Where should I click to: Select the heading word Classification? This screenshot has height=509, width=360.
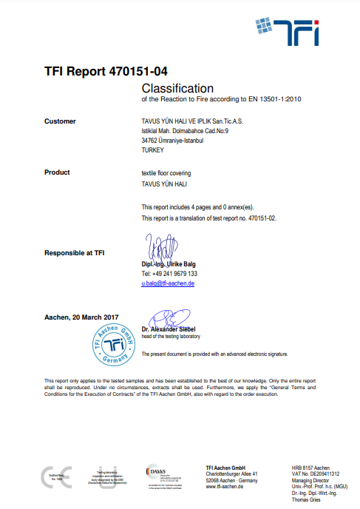177,88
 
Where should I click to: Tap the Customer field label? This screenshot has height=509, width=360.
60,121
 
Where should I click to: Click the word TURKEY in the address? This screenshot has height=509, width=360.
152,149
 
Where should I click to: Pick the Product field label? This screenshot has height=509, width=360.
57,172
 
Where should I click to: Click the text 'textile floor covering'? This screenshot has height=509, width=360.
167,172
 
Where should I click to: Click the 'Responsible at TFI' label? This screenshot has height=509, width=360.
74,253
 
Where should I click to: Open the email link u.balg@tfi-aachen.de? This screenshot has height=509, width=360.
168,283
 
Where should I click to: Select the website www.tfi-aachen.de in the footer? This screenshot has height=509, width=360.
227,487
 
